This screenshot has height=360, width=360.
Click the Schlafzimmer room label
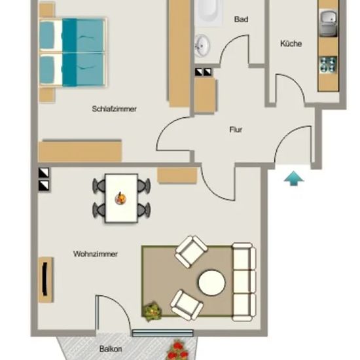coord(114,109)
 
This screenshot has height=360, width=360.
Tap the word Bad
coord(241,19)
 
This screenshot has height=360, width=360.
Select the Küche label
coord(291,43)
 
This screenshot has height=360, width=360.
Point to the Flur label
coord(236,130)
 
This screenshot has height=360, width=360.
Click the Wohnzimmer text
coord(96,254)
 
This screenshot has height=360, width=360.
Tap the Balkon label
coord(111,349)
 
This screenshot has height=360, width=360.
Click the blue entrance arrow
coord(294,179)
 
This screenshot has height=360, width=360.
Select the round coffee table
coord(211,283)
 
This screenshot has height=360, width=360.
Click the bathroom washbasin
coord(202,46)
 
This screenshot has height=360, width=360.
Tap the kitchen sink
coord(329,23)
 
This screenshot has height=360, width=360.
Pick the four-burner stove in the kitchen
coord(329,65)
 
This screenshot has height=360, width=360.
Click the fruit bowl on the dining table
coord(120,198)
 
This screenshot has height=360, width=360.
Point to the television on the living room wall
coord(45,279)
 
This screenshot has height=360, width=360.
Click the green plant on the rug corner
coord(153,312)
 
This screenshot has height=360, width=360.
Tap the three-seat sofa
coord(244,281)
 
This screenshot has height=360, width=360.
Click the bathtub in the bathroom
coord(208,12)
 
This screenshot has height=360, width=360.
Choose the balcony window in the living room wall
coord(163,333)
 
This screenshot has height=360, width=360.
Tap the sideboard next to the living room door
coord(177,175)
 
